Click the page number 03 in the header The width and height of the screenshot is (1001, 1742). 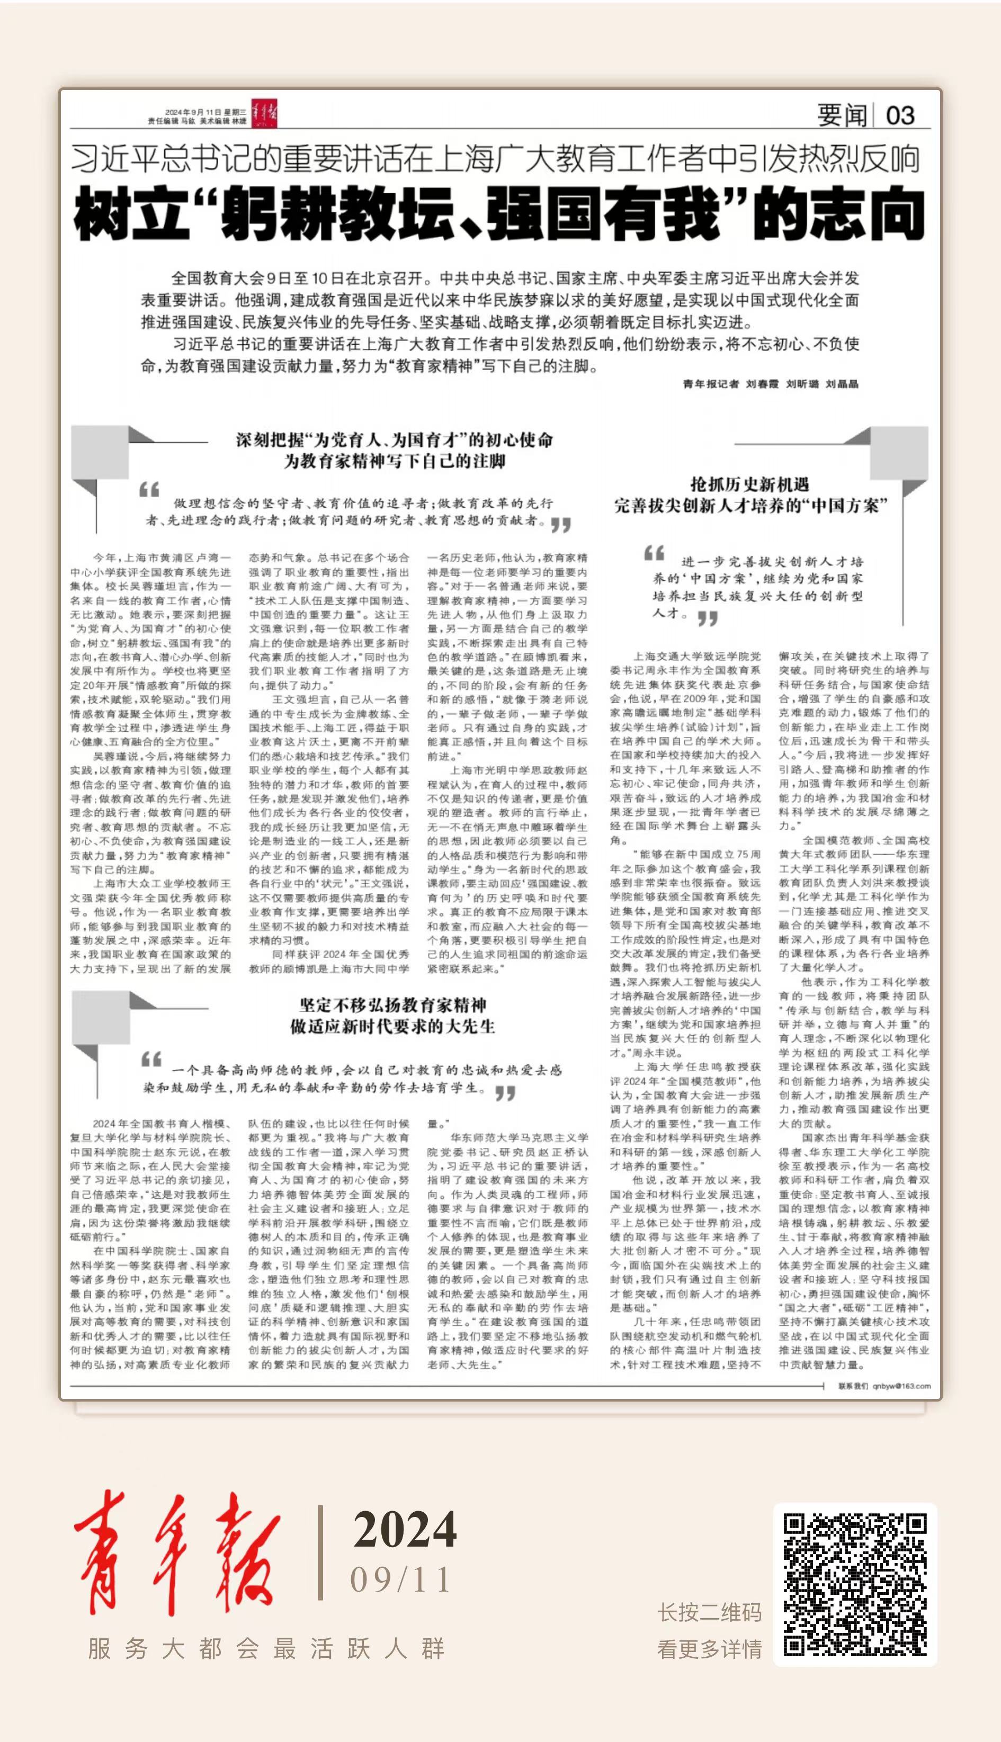tap(900, 115)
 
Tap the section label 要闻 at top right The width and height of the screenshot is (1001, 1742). tap(842, 115)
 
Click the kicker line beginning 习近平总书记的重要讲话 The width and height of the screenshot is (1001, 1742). tap(495, 159)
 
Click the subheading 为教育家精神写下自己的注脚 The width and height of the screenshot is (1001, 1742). tap(395, 461)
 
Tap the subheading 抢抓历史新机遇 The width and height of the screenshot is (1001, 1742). tap(749, 484)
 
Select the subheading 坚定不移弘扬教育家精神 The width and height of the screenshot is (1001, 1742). tap(392, 1005)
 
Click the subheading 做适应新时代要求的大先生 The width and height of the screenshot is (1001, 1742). tap(392, 1027)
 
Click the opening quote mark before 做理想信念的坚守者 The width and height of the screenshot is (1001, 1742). tap(149, 490)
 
